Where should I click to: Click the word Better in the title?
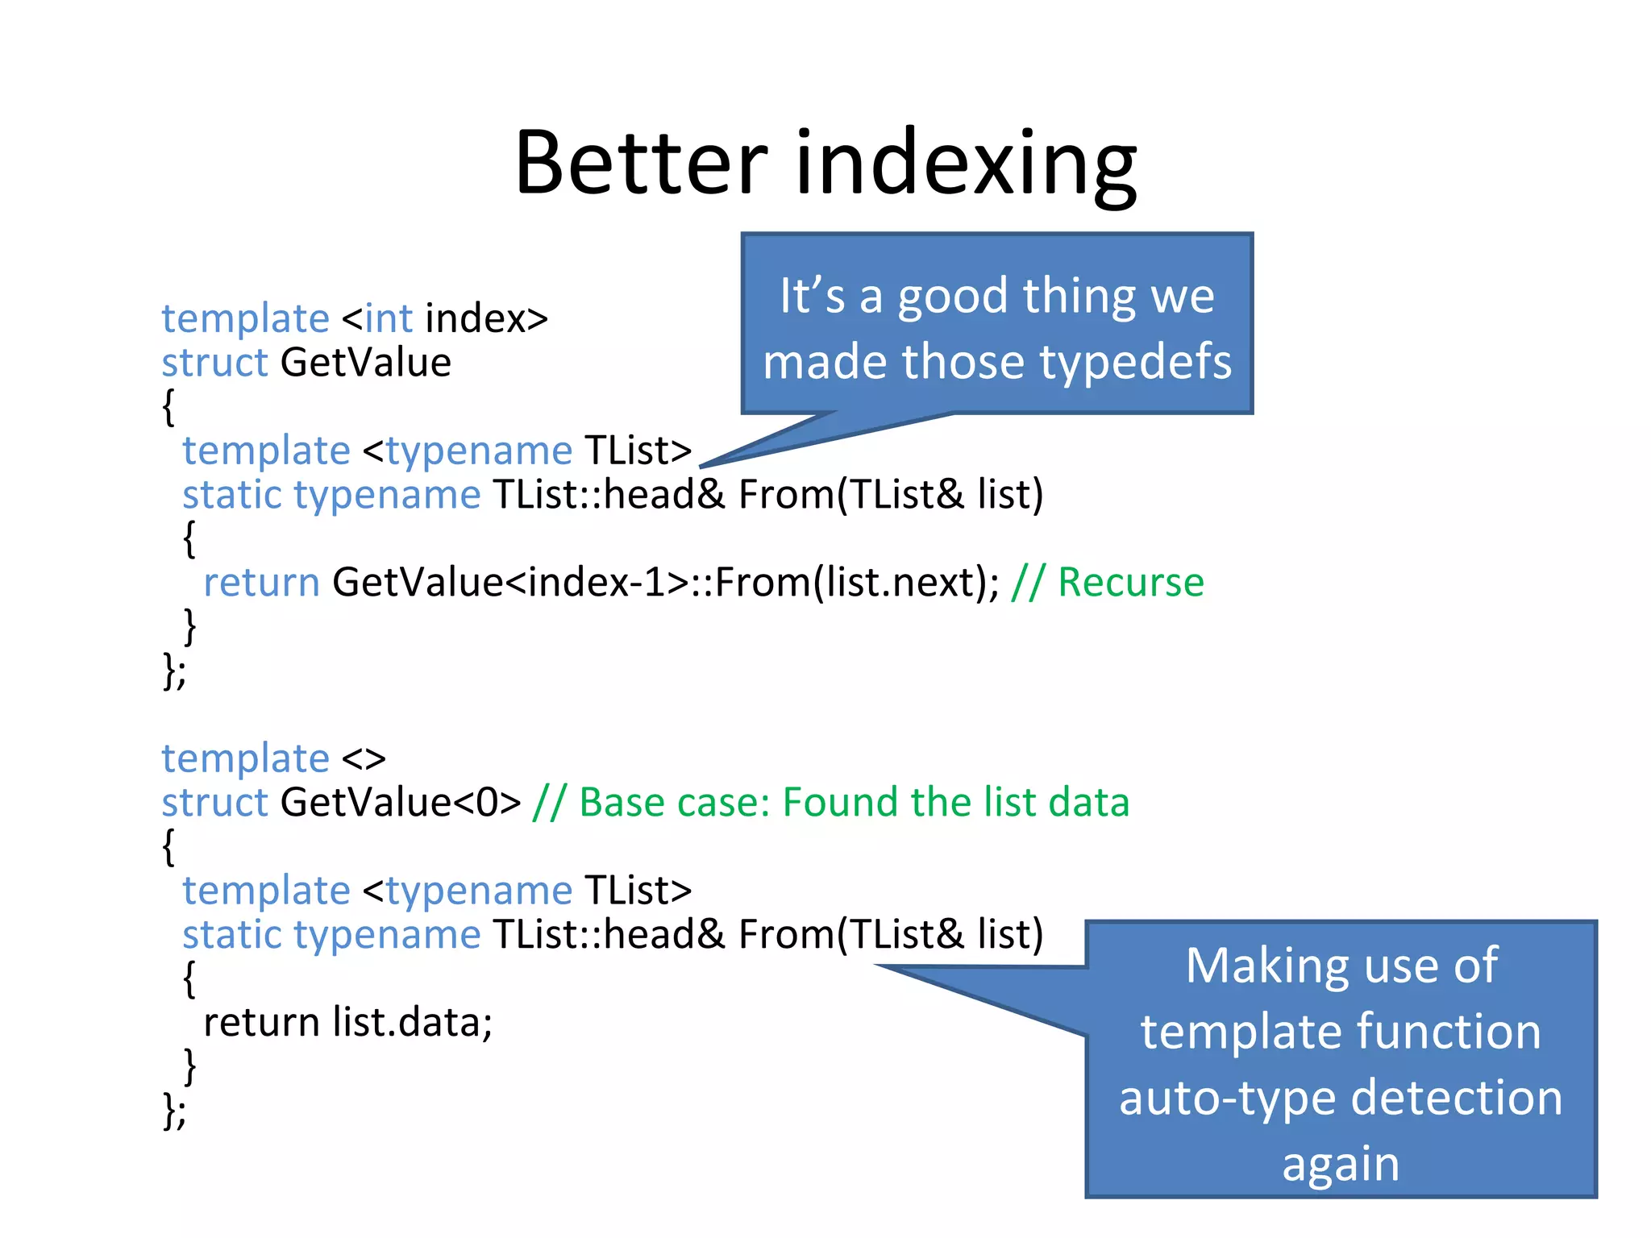(641, 164)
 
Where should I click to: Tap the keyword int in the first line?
(389, 318)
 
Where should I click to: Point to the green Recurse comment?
(1130, 583)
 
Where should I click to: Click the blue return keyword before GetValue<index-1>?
(261, 583)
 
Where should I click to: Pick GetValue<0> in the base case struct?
(401, 803)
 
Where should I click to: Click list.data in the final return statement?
(406, 1023)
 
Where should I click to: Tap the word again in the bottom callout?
(1340, 1165)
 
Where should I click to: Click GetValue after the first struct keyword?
(365, 363)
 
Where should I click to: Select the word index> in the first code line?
(486, 318)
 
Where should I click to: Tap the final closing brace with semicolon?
(174, 1111)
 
